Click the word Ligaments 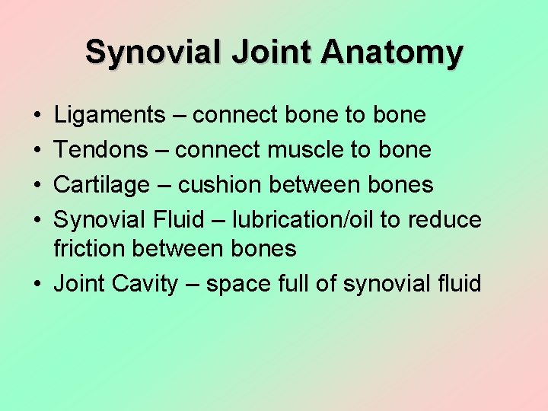click(x=110, y=116)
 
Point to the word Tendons click(x=101, y=150)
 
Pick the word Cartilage click(x=102, y=185)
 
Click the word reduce click(x=444, y=220)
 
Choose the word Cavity click(x=145, y=285)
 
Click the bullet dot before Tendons click(x=37, y=151)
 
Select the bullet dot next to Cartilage click(x=37, y=186)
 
